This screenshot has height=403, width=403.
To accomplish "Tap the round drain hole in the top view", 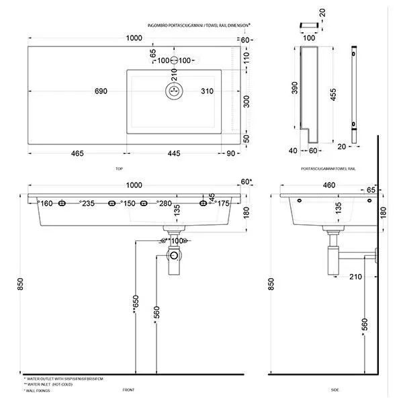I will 174,90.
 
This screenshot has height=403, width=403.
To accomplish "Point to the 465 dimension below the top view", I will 76,154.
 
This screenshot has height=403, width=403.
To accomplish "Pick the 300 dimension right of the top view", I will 246,101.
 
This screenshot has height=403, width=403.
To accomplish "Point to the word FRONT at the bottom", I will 129,390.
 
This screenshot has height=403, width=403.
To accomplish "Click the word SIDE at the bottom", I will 335,390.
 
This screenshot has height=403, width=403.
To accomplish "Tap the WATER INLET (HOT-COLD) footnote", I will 52,384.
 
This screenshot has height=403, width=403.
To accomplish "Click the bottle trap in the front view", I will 175,259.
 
